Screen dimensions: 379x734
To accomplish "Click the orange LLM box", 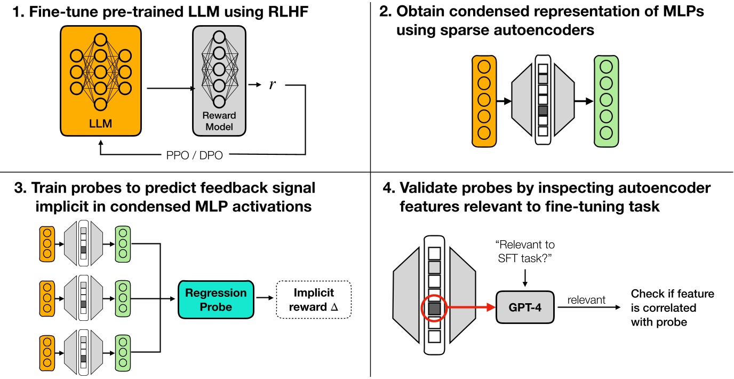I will [x=101, y=80].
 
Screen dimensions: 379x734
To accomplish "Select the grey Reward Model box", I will [x=218, y=80].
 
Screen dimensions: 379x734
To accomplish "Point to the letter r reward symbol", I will [x=273, y=84].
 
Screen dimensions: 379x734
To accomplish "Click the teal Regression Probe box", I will [x=216, y=300].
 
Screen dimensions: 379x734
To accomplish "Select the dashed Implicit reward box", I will [x=314, y=300].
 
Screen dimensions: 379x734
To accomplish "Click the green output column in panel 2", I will [x=607, y=100].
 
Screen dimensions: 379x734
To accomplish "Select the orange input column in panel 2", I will [x=484, y=100].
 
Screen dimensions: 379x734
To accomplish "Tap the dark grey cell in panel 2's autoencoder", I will [x=542, y=110].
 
